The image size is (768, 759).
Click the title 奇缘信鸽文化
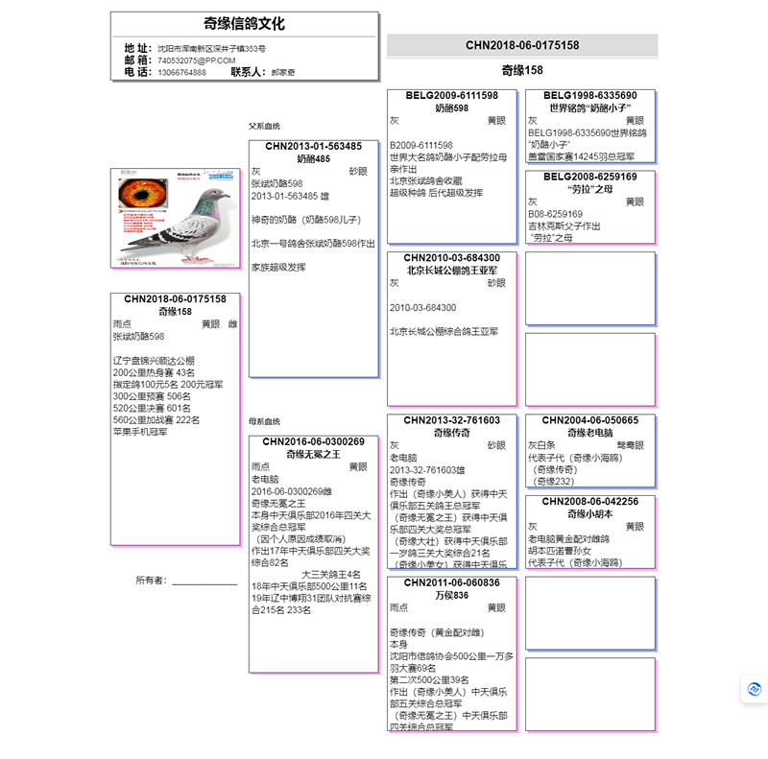244,24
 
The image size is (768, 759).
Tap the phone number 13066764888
181,72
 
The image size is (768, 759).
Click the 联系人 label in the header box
248,72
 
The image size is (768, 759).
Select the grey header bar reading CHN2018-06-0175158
522,45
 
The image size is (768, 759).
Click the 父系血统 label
264,126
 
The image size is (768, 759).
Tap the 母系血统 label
264,421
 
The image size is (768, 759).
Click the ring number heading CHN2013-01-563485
313,147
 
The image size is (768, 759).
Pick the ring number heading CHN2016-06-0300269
313,442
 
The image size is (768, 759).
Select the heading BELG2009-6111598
451,96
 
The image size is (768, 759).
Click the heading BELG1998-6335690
589,96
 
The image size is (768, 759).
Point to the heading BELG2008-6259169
589,177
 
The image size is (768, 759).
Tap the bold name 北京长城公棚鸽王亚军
451,271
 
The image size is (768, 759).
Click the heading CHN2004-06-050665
589,420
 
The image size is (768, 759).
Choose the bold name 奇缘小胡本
589,513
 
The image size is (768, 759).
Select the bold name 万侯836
451,595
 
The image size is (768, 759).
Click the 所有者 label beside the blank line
151,581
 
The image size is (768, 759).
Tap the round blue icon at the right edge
755,689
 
